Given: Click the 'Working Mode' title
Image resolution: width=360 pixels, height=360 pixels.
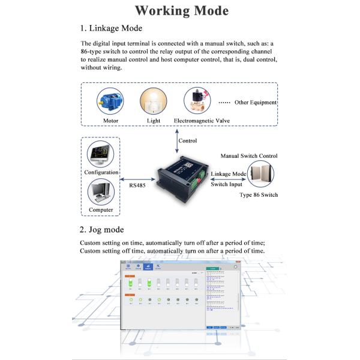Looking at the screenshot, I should (181, 10).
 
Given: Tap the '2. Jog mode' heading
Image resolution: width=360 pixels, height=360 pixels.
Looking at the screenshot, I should (101, 230).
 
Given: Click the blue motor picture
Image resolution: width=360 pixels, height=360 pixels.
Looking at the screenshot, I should (110, 100).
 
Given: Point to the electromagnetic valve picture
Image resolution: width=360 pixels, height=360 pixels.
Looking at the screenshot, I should (196, 99).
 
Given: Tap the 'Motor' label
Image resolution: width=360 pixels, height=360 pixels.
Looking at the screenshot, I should (111, 121).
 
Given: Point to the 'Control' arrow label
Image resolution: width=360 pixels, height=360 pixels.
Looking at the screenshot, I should (188, 141).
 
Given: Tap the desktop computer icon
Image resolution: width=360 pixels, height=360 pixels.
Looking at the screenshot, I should (100, 193).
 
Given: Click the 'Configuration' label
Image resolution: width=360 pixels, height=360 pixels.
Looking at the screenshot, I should (101, 172).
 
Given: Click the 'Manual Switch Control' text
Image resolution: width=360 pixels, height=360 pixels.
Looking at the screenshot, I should (247, 155).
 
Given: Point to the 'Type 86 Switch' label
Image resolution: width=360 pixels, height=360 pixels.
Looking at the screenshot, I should (259, 196).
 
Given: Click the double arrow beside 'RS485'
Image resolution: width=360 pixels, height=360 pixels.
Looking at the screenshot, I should (138, 178).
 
